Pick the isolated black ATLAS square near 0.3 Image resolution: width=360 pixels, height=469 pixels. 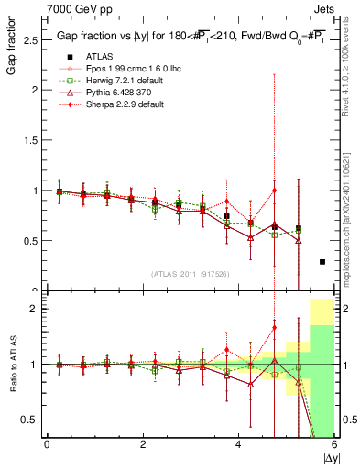(x=322, y=262)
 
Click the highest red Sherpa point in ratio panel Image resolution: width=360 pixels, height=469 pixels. (x=274, y=327)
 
